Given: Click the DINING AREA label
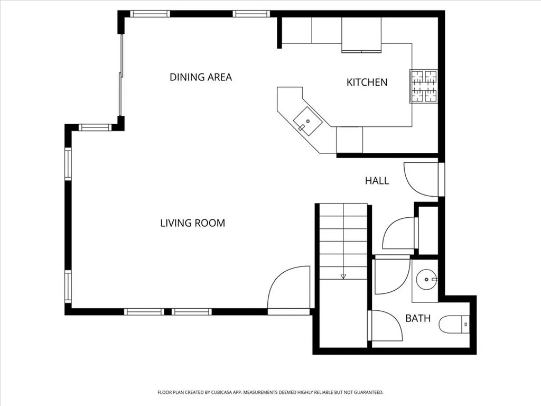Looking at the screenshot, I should pyautogui.click(x=201, y=77).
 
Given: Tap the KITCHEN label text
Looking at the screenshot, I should pyautogui.click(x=367, y=82).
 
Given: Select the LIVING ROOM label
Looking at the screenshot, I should pyautogui.click(x=192, y=223).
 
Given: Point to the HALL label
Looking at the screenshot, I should pyautogui.click(x=377, y=181).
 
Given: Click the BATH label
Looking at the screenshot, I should pyautogui.click(x=417, y=319).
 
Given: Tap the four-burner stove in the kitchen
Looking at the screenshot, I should pyautogui.click(x=424, y=86).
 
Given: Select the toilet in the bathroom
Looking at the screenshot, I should pyautogui.click(x=454, y=324).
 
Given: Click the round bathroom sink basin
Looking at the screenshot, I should pyautogui.click(x=426, y=279).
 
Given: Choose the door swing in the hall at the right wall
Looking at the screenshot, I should pyautogui.click(x=422, y=179).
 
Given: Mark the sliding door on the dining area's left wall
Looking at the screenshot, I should pyautogui.click(x=122, y=75).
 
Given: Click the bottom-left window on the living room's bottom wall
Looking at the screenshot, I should pyautogui.click(x=144, y=312).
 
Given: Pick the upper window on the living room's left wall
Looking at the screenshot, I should pyautogui.click(x=68, y=164).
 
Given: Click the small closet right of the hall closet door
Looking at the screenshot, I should pyautogui.click(x=428, y=229).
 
